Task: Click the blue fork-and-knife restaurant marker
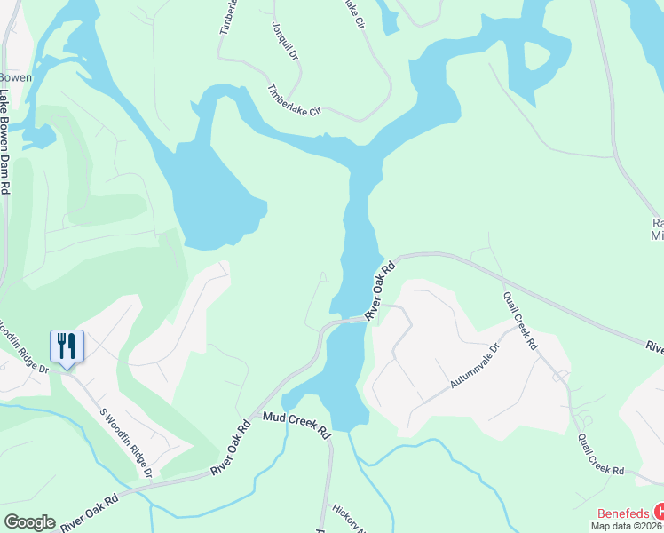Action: [67, 346]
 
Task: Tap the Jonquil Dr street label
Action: [285, 37]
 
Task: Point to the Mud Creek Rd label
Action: [296, 425]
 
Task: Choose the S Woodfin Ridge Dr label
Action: [125, 442]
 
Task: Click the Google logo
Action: [29, 522]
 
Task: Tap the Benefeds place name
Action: [623, 513]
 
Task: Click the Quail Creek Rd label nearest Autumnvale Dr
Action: [520, 320]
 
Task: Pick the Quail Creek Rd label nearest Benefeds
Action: [601, 455]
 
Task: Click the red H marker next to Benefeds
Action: [659, 512]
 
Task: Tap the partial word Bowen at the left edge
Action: [16, 77]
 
